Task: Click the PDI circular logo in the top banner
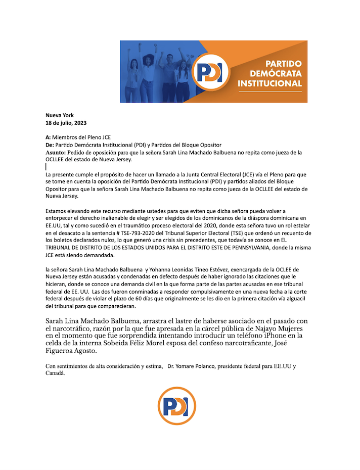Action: (209, 73)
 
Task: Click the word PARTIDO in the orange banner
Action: (284, 64)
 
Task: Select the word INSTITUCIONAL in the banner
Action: (270, 83)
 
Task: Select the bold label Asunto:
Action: (55, 152)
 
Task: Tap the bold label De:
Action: (50, 145)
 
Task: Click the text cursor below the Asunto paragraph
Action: (46, 166)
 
